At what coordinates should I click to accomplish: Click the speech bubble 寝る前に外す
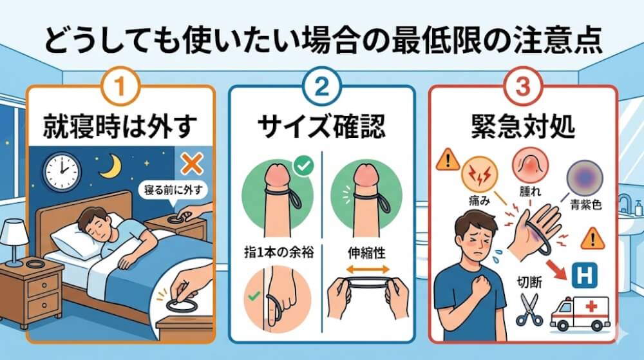(x=172, y=191)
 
